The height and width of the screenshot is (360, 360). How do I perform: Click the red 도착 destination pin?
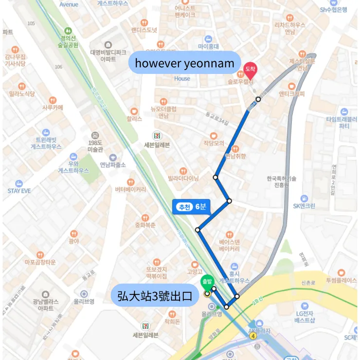tap(250, 71)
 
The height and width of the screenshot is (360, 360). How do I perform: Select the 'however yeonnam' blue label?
tap(184, 63)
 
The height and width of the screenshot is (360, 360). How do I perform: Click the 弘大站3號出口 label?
tap(155, 295)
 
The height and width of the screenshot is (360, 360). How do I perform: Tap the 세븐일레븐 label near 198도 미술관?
tap(157, 144)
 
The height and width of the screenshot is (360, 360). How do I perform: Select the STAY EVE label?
tap(19, 190)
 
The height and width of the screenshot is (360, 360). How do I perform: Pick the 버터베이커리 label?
tap(130, 189)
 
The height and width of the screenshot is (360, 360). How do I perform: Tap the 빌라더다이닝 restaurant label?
tap(183, 178)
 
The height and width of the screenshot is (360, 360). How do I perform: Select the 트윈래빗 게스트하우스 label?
tap(46, 143)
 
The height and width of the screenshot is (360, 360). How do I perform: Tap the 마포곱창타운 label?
tap(40, 262)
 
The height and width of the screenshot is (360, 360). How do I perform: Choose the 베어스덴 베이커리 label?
tap(229, 245)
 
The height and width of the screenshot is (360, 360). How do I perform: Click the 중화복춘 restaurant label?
tap(145, 225)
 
